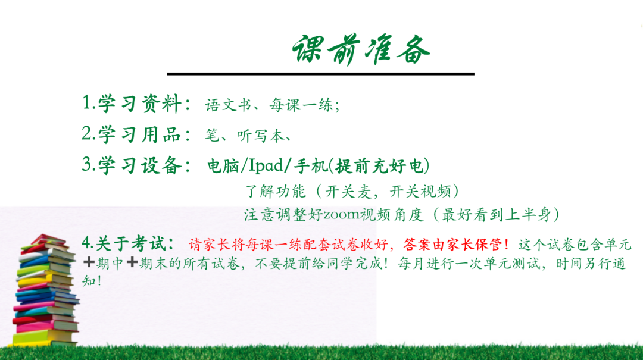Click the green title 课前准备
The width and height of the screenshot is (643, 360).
click(x=361, y=49)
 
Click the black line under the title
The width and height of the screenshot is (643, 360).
click(x=320, y=74)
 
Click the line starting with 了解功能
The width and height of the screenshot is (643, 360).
click(x=351, y=191)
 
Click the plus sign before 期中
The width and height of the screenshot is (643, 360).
click(x=89, y=262)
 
